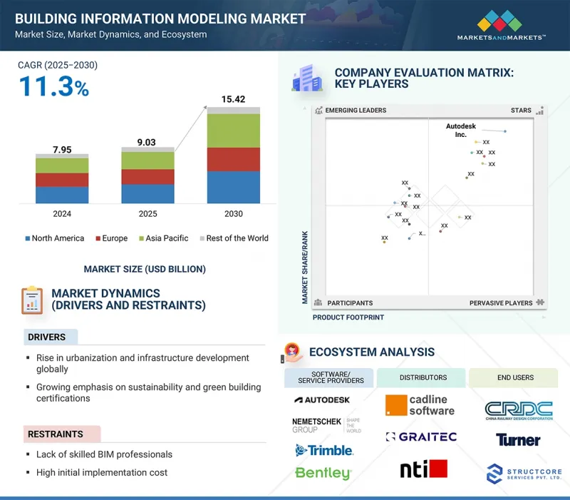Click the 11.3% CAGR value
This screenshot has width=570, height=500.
point(53,88)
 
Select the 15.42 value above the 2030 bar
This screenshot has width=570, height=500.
point(233,98)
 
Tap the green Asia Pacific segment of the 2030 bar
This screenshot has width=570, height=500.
point(233,131)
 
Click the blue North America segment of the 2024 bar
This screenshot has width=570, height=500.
point(62,195)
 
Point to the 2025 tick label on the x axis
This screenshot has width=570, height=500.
point(147,213)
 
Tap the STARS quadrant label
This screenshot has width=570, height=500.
point(521,111)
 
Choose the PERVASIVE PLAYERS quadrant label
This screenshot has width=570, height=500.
point(501,303)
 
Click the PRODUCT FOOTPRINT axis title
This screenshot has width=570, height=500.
point(348,317)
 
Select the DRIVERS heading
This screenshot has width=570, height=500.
point(46,337)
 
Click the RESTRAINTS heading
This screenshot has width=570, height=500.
point(56,434)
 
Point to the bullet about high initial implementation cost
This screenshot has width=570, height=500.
point(102,472)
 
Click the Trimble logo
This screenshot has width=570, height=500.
point(324,450)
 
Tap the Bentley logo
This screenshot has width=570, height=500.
point(323,473)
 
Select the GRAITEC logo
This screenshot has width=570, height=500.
point(421,437)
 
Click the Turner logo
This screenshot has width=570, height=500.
point(518,440)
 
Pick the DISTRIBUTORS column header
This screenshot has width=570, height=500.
point(423,377)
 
